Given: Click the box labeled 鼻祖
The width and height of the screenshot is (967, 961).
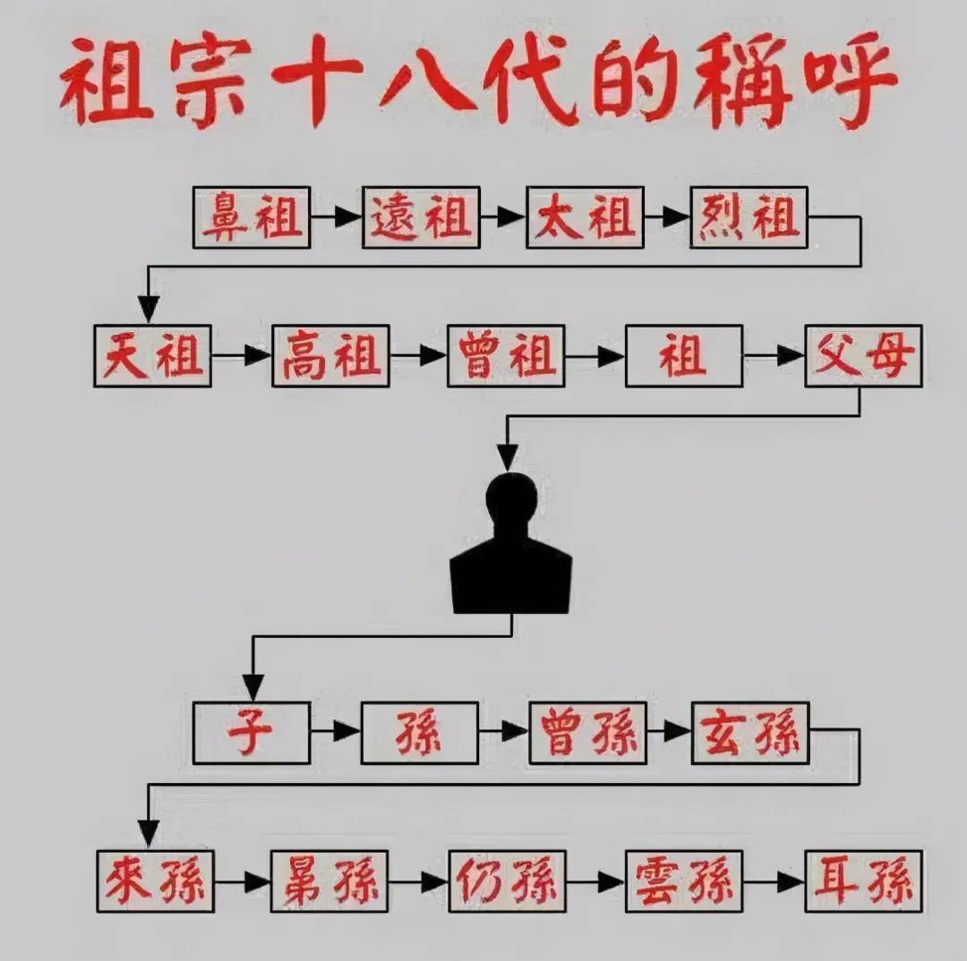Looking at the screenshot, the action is click(x=251, y=217).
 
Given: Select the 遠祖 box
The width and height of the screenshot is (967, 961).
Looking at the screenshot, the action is click(x=421, y=217).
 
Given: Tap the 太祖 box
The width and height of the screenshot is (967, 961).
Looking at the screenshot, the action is click(x=586, y=217).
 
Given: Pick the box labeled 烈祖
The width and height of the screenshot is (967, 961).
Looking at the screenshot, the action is click(x=749, y=217).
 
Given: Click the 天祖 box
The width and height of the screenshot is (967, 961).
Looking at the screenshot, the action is click(x=152, y=355).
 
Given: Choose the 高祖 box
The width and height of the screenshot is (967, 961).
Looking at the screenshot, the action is click(x=330, y=355).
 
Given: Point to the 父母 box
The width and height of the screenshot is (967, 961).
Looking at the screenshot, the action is click(x=863, y=355).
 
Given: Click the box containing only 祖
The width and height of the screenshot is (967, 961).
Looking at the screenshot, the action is click(x=684, y=355).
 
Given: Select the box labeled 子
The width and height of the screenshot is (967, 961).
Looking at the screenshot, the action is click(x=251, y=733).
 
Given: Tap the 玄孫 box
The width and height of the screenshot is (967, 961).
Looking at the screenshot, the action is click(x=750, y=733).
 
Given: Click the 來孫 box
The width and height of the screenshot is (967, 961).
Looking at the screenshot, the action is click(x=156, y=881).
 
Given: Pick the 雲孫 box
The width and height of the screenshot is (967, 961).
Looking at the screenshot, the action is click(x=684, y=881).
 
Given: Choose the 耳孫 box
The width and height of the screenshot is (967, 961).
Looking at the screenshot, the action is click(x=863, y=881).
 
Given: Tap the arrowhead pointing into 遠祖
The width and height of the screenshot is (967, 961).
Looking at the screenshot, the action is click(x=348, y=217).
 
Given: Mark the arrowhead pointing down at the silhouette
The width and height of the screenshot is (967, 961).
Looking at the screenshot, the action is click(x=508, y=459).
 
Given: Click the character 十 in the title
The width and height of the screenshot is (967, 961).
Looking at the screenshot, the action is click(x=316, y=81).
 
